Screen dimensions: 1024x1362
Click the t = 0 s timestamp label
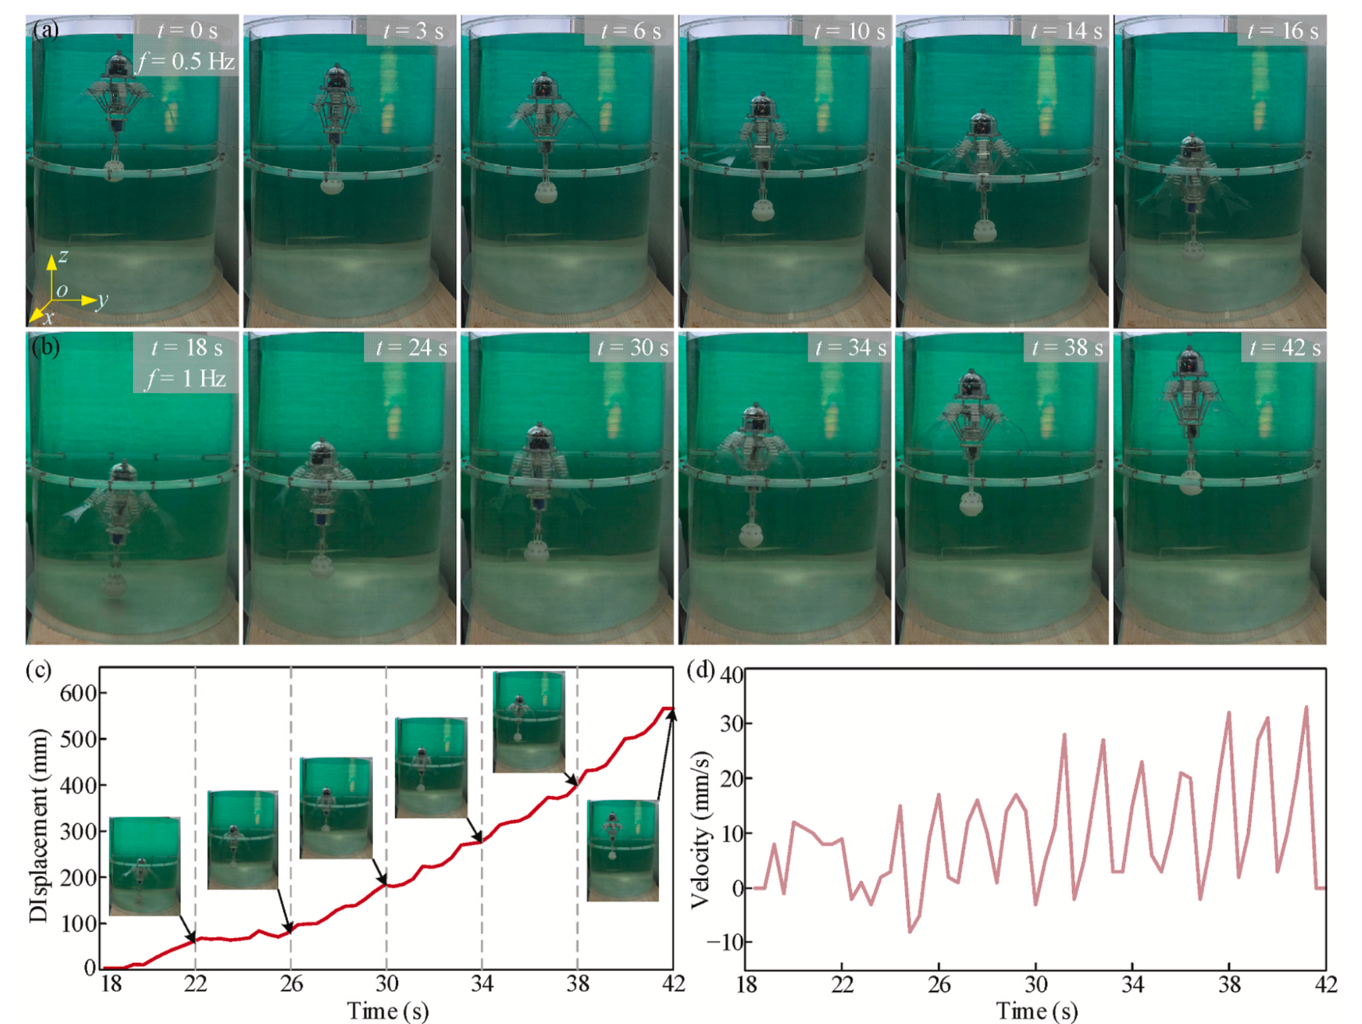click(x=187, y=31)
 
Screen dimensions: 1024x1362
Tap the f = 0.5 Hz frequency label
click(x=186, y=62)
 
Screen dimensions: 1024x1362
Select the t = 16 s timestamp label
click(x=1282, y=31)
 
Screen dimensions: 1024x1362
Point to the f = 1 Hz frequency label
click(x=187, y=379)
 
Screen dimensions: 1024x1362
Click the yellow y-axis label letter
click(x=101, y=301)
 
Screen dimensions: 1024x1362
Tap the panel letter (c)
click(x=38, y=670)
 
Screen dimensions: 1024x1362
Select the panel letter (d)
click(x=700, y=670)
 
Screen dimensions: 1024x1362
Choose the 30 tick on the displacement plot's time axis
click(x=386, y=983)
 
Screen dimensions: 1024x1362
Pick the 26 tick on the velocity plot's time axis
click(x=938, y=985)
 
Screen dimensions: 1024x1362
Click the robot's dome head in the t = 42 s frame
click(x=1190, y=360)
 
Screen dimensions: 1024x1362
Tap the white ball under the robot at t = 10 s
click(x=763, y=211)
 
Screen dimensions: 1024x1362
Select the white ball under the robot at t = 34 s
click(x=751, y=536)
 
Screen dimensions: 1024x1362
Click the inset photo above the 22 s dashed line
click(x=144, y=866)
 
